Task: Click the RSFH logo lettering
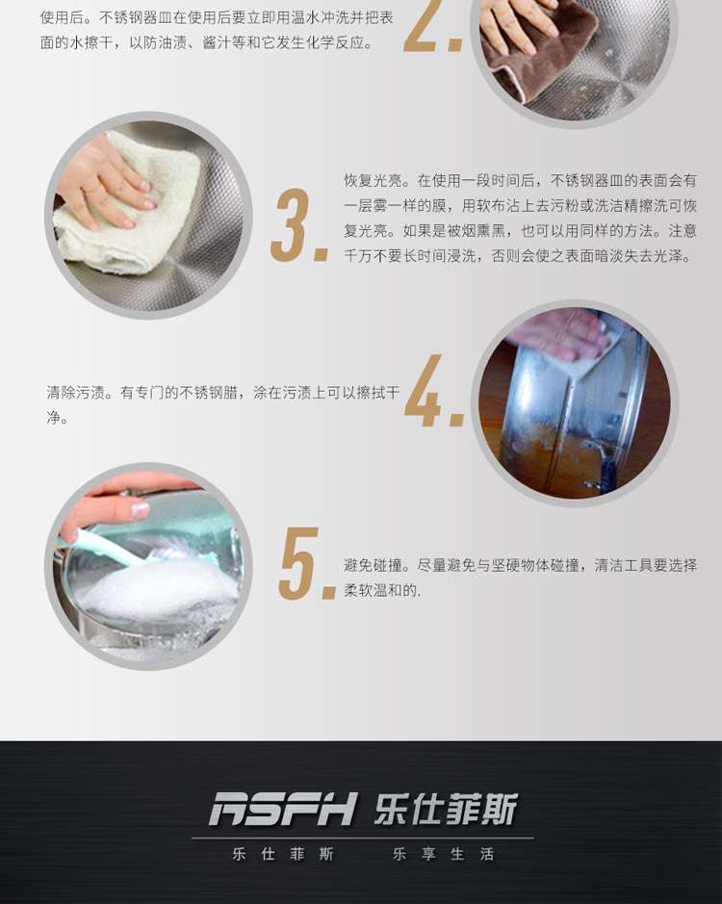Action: click(283, 809)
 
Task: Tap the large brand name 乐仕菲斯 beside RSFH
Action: click(446, 809)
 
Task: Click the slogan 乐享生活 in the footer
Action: click(443, 854)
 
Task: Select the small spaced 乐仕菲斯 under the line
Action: click(283, 854)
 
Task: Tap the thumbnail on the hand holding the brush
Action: click(139, 509)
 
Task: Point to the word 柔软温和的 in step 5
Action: click(380, 590)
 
